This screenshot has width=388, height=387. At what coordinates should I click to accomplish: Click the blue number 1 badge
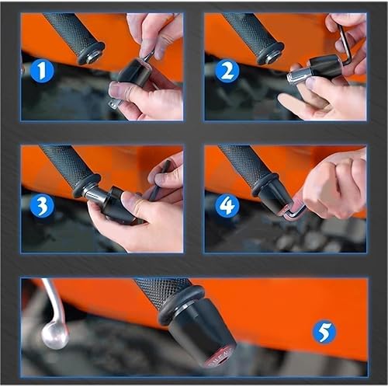[42, 72]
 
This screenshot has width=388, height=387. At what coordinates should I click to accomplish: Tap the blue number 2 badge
[227, 72]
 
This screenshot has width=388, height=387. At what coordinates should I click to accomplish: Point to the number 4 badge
[227, 207]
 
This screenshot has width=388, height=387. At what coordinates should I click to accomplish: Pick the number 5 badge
[324, 333]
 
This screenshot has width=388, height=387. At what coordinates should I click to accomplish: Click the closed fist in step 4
[330, 187]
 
